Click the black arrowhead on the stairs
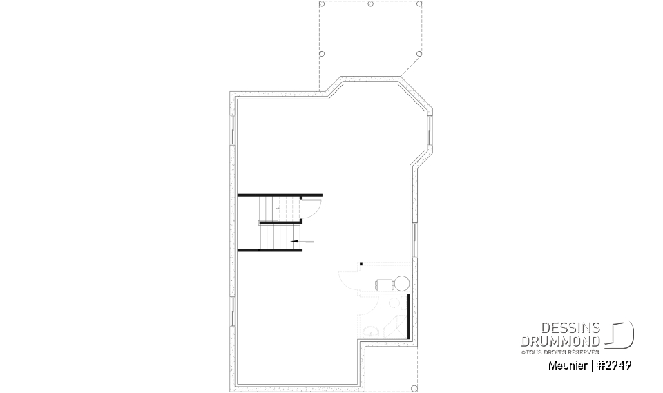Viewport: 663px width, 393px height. coord(294,241)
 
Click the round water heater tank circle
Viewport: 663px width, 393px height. coord(400,282)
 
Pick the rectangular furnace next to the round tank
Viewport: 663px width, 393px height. coord(383,283)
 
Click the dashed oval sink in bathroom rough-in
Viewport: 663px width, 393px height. coord(371,332)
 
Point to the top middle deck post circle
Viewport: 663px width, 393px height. coord(371,4)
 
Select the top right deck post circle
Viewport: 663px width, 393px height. coord(420,4)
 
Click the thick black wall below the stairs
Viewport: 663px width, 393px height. coord(270,250)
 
